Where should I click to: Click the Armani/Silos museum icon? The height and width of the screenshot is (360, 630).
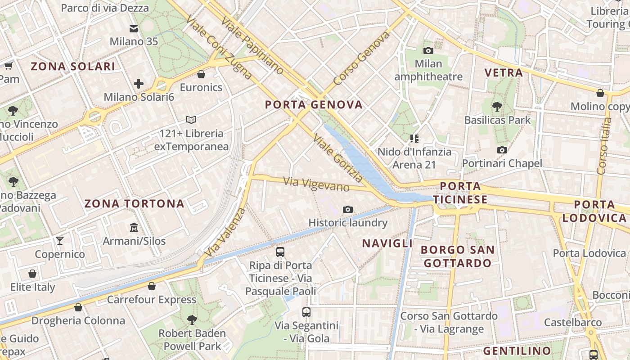[134, 227]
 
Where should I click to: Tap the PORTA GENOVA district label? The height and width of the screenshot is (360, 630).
[314, 105]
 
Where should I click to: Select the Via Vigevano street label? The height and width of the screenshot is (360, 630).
[316, 184]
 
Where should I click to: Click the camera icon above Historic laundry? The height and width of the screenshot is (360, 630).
[347, 209]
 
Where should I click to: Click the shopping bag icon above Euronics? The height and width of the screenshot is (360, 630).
[201, 74]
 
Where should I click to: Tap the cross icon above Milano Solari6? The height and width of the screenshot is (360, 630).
[139, 83]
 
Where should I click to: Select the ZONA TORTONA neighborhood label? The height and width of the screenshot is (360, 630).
[135, 204]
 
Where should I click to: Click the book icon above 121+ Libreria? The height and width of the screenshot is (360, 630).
[191, 120]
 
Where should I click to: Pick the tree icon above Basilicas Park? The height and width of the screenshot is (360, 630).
[497, 107]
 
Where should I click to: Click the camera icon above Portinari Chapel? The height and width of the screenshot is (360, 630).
[502, 150]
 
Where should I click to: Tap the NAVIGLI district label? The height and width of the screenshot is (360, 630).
[387, 243]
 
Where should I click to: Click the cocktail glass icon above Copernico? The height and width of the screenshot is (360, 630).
[60, 240]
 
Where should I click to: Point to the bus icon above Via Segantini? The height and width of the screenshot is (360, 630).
[306, 311]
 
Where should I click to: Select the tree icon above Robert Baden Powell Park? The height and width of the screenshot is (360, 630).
[192, 320]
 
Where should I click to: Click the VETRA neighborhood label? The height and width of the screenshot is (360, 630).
[504, 72]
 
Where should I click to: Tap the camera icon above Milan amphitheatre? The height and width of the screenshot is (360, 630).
[428, 50]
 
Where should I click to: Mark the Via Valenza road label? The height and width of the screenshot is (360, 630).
[224, 233]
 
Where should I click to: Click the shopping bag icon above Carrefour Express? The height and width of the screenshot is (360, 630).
[152, 286]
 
